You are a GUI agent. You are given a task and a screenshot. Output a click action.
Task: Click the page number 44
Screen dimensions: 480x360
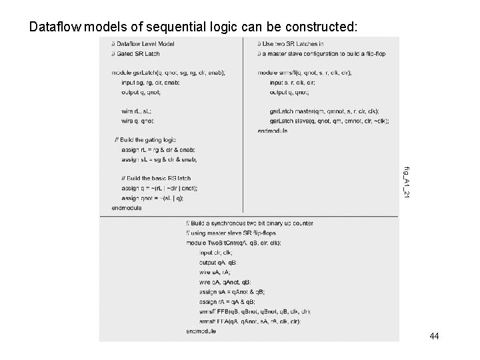[434, 337]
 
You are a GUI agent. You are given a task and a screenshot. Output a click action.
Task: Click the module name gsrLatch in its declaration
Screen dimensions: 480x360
[139, 72]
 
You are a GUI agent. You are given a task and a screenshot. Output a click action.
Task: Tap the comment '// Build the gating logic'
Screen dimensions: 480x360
[145, 140]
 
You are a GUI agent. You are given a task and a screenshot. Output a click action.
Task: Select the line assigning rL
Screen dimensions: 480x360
[154, 150]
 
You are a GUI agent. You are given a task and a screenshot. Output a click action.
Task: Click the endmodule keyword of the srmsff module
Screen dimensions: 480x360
[272, 131]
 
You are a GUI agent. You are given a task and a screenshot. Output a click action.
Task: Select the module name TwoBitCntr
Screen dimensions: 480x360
[225, 243]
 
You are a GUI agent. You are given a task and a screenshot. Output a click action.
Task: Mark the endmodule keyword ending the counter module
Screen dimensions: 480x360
[201, 331]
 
